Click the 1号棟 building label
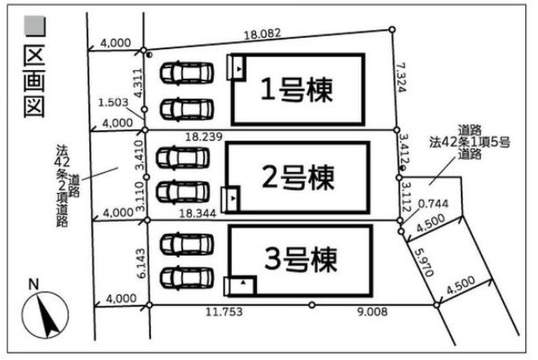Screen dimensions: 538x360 [x=297, y=90]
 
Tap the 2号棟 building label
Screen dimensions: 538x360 [x=298, y=178]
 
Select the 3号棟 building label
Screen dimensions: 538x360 [x=300, y=260]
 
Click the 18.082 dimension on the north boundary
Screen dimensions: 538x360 [x=263, y=34]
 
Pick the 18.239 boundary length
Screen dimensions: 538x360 [x=204, y=137]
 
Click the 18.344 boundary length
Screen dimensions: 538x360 [x=198, y=214]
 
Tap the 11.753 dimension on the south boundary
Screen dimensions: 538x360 [x=224, y=312]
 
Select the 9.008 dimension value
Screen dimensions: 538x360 [x=373, y=312]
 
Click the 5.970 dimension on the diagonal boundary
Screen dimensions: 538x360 [x=424, y=263]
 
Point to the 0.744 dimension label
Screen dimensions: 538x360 [x=433, y=203]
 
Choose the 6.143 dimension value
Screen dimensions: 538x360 [x=141, y=263]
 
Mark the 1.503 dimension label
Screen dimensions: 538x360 [x=113, y=102]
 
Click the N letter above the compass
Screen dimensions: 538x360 [x=33, y=284]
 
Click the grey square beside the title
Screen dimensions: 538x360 [x=35, y=26]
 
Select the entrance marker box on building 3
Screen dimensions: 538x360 [x=240, y=286]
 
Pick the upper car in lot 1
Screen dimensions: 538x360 [x=187, y=72]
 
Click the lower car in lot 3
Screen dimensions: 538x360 [x=187, y=277]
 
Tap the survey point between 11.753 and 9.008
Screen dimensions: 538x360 [x=312, y=305]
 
